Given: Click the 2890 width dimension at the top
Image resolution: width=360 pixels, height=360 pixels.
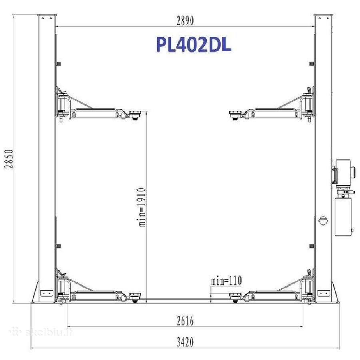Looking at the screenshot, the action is click(185, 20).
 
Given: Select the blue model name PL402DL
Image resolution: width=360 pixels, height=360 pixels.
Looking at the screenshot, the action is click(194, 45).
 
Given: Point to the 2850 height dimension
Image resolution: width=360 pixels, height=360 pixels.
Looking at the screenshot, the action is click(9, 159).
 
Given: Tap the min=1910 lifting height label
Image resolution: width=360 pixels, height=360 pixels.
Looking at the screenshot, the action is click(142, 207).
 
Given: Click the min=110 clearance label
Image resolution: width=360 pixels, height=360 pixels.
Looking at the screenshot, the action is click(226, 280).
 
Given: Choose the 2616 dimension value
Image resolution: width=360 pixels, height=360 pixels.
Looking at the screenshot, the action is click(185, 320).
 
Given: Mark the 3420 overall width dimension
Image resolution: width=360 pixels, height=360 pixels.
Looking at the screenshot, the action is click(185, 342).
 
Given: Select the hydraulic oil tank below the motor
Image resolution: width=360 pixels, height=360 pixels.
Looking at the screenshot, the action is click(343, 217).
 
